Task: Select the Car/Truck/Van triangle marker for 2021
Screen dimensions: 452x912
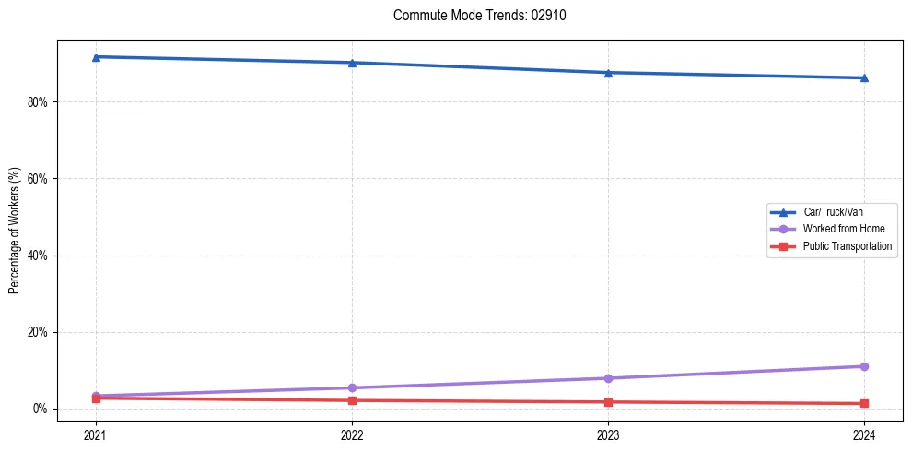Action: (x=96, y=57)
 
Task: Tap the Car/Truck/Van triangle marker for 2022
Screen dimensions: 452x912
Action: (x=352, y=63)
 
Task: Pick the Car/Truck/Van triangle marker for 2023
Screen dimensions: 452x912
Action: (x=608, y=73)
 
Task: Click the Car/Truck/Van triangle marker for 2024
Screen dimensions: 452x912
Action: (x=864, y=77)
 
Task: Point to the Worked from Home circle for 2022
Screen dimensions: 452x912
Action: (x=352, y=387)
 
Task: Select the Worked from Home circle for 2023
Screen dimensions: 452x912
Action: (x=608, y=378)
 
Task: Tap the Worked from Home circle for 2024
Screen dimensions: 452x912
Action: (x=864, y=366)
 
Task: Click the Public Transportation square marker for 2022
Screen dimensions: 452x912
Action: (x=352, y=400)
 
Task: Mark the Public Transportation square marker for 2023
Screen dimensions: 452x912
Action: (x=608, y=402)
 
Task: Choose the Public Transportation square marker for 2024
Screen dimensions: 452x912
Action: (x=864, y=403)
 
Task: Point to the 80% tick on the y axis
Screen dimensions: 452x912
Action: (x=38, y=101)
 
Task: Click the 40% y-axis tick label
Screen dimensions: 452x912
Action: (x=38, y=256)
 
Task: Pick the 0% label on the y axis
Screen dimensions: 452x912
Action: (x=41, y=409)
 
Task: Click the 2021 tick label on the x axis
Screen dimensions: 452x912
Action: (x=96, y=434)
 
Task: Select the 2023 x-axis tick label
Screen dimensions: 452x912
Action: (x=608, y=434)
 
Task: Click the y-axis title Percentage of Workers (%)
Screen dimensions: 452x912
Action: (x=15, y=231)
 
